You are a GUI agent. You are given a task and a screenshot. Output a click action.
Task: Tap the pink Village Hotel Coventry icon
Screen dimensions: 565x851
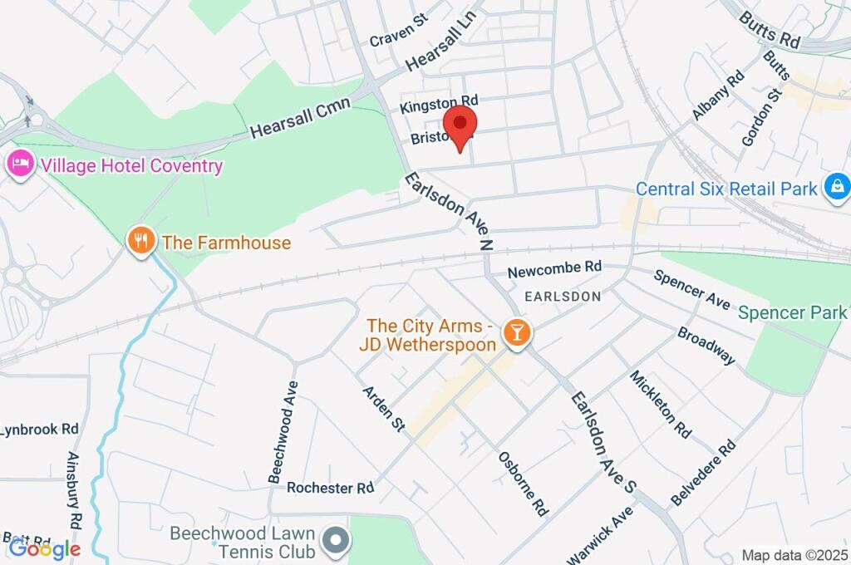[x=20, y=164]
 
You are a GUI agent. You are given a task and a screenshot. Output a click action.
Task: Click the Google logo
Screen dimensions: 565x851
[x=44, y=548]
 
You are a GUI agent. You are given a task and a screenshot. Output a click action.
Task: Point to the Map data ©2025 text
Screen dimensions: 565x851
[x=793, y=555]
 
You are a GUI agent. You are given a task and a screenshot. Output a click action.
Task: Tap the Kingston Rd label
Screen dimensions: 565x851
[x=439, y=104]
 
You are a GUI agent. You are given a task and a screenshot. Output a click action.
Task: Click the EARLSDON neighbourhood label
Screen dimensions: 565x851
[x=563, y=296]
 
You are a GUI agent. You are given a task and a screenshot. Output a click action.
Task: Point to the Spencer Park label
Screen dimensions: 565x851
[x=792, y=312]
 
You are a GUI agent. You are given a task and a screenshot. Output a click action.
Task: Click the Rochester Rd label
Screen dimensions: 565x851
[x=330, y=488]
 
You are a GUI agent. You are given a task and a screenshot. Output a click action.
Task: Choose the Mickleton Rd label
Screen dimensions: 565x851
[x=661, y=405]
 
